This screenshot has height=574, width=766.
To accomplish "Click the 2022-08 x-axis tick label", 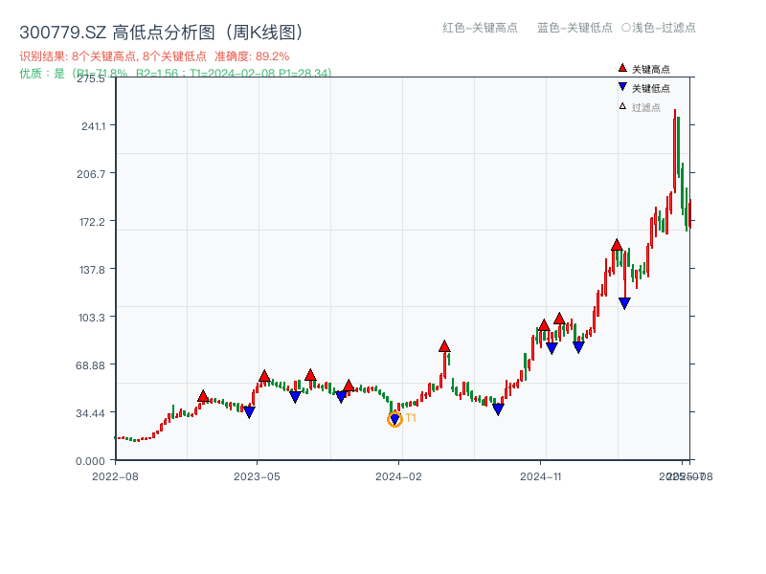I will click(x=115, y=475).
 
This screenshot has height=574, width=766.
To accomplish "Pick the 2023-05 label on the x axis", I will click(x=257, y=475).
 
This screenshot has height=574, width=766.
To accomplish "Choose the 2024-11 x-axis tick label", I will click(x=541, y=475).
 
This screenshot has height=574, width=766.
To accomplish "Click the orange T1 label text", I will click(x=411, y=419).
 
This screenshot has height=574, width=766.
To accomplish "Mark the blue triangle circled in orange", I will click(x=394, y=419).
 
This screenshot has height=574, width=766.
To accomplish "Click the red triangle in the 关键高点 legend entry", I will click(x=622, y=68).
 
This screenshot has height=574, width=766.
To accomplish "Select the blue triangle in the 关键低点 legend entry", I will click(x=622, y=87).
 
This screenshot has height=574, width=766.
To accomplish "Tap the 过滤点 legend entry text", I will click(x=646, y=107).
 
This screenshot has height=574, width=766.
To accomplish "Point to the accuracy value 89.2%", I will click(x=273, y=56).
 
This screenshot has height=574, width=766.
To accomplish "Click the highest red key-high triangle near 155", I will click(x=617, y=245).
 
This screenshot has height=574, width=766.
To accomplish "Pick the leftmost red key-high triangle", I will click(x=203, y=396).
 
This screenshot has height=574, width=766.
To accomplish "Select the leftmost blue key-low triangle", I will click(x=249, y=412).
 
